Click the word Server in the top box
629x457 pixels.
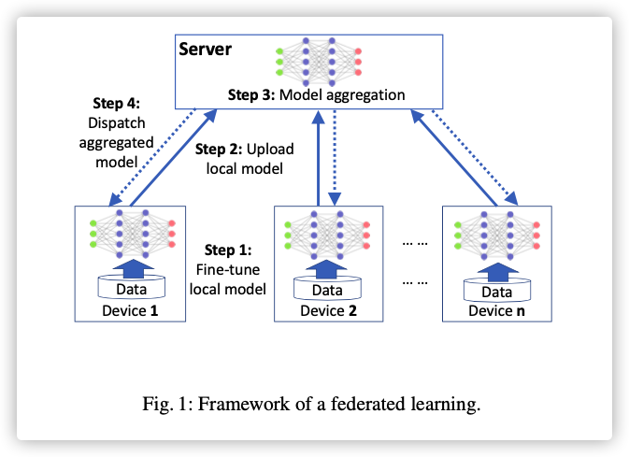(205, 50)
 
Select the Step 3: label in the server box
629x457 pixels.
(251, 94)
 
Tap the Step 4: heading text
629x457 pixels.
(116, 103)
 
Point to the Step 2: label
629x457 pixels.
(219, 149)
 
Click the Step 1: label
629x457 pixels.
(228, 250)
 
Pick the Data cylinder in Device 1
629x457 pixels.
(132, 287)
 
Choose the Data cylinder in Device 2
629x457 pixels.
(327, 289)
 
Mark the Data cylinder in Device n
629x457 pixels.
(497, 291)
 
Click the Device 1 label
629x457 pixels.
(130, 310)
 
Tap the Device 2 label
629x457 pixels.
(329, 310)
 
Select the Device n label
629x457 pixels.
(496, 310)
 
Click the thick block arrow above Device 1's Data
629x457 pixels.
(133, 268)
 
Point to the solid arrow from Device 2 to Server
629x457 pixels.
(318, 159)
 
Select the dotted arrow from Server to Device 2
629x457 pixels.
(335, 158)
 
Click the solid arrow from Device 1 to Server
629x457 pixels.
(174, 158)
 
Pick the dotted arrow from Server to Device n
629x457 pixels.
(475, 157)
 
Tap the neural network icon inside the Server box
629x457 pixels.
(319, 62)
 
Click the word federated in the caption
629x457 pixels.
(366, 404)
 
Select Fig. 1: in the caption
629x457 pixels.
(167, 404)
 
